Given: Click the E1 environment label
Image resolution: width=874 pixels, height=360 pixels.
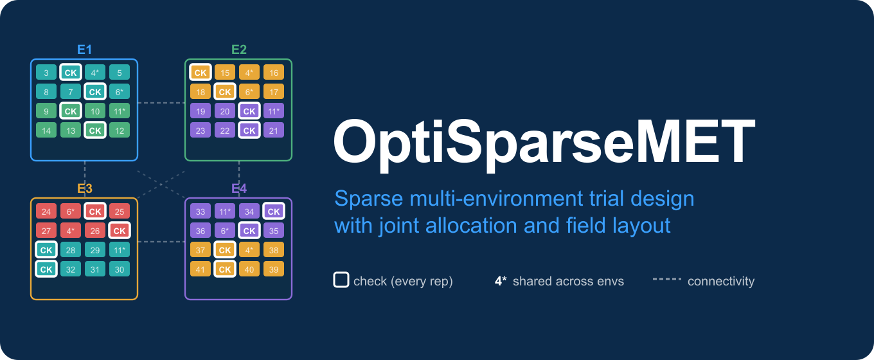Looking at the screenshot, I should click(84, 50).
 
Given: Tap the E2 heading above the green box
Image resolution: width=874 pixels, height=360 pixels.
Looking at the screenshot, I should click(238, 50).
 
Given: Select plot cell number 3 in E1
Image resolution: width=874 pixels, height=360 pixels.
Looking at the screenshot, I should click(46, 73).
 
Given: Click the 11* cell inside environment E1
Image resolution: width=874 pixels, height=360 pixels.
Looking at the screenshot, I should click(120, 111).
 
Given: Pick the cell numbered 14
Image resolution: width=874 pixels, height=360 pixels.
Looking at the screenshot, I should click(46, 130).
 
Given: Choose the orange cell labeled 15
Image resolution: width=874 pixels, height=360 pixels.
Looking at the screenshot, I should click(225, 73).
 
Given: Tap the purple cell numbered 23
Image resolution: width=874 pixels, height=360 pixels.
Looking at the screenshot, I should click(201, 130).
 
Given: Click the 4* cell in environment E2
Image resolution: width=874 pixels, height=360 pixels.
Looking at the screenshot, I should click(249, 73).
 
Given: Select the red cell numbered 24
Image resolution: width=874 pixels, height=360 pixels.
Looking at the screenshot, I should click(46, 212).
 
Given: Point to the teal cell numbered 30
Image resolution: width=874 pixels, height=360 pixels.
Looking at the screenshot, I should click(120, 269).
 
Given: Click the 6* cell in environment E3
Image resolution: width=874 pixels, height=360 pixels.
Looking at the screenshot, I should click(71, 212).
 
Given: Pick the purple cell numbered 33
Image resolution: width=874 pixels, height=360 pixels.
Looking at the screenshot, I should click(201, 212).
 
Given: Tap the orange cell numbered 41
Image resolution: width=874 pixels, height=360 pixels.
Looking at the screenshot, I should click(201, 269).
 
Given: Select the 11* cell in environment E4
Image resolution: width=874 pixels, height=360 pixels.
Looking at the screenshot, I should click(225, 212).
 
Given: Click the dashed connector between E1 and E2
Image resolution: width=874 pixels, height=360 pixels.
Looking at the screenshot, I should click(161, 102).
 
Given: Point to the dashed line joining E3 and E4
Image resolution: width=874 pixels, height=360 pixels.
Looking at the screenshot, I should click(161, 242).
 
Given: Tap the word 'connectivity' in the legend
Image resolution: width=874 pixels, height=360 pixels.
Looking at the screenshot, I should click(720, 281).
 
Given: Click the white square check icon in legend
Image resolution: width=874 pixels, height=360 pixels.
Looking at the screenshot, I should click(341, 280).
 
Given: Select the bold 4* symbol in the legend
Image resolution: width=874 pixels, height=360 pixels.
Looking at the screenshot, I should click(501, 281).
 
